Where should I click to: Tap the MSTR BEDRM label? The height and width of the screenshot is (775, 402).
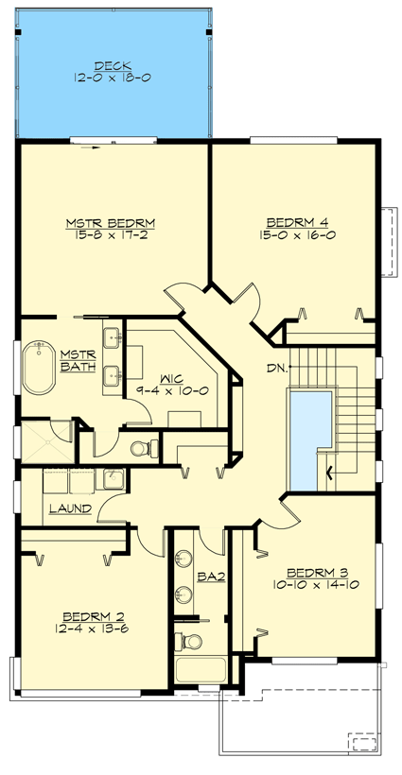coord(110,223)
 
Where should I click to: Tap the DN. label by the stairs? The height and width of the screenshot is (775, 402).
coord(276,367)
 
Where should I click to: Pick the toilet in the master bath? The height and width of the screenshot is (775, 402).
coord(137,447)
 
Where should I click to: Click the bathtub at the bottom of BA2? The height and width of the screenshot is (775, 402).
coord(199,672)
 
